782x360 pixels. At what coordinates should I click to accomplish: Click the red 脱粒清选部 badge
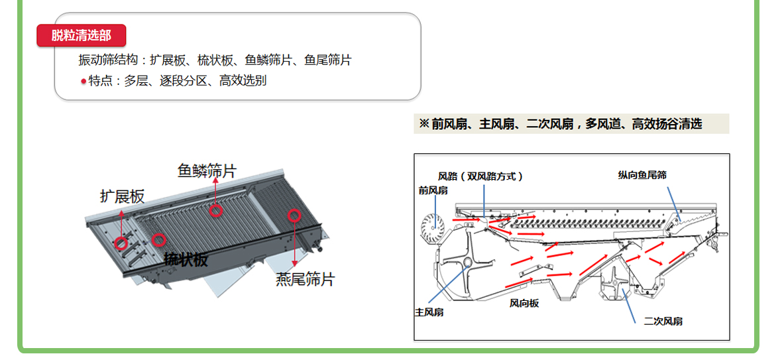(81, 36)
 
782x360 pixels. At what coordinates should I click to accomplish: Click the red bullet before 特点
(84, 82)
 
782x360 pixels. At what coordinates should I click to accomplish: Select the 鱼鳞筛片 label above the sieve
(206, 171)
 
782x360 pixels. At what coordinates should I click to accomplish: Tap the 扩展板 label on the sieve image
(122, 196)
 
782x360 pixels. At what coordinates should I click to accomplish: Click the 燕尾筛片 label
(305, 279)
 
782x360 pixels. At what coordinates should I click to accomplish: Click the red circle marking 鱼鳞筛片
(215, 211)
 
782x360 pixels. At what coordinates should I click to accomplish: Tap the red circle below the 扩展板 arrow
(121, 243)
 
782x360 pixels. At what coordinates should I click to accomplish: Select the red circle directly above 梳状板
(158, 239)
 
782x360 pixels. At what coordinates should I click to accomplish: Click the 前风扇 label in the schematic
(433, 190)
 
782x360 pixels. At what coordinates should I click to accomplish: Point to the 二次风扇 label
(663, 321)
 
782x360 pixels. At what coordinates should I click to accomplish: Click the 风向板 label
(524, 303)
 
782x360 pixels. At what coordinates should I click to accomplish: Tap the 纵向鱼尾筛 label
(642, 175)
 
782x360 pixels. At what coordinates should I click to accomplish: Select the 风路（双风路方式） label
(480, 176)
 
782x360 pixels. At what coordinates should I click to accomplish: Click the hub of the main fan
(467, 264)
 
